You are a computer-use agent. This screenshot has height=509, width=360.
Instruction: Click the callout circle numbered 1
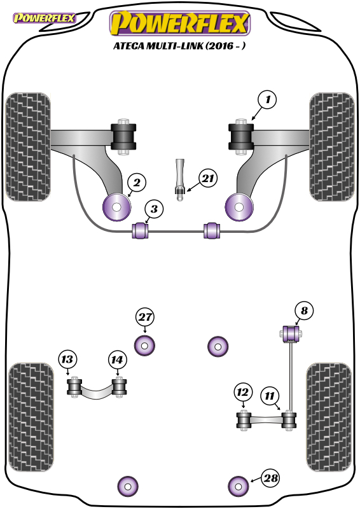click(267, 100)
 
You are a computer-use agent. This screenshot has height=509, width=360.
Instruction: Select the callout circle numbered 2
click(137, 183)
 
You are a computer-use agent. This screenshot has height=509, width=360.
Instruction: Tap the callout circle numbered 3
click(154, 209)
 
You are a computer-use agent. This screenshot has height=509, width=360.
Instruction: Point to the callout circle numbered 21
click(208, 178)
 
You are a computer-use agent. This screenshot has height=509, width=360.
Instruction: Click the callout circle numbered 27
click(145, 317)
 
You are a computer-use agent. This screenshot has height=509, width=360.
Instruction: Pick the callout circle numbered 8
click(304, 311)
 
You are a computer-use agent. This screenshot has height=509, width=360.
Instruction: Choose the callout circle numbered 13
click(67, 359)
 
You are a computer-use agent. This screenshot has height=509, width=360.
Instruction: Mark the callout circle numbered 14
click(117, 360)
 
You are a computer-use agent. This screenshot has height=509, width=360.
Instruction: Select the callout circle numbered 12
click(243, 393)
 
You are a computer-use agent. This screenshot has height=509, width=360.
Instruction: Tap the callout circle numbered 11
click(270, 396)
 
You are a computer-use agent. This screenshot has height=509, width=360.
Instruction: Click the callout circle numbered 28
click(270, 478)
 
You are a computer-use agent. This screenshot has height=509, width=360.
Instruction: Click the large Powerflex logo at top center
click(180, 23)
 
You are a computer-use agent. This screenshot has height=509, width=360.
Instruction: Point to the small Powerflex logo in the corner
click(44, 18)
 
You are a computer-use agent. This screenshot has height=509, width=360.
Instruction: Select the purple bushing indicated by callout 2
click(116, 207)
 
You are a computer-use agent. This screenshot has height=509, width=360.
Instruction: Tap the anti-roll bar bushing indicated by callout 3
click(140, 230)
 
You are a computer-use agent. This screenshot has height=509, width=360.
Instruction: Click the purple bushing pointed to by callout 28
click(239, 487)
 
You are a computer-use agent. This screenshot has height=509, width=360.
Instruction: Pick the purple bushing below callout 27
click(144, 345)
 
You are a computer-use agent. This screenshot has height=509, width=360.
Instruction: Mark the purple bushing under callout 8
click(291, 333)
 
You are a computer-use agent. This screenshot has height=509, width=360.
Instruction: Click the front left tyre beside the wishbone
click(28, 147)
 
